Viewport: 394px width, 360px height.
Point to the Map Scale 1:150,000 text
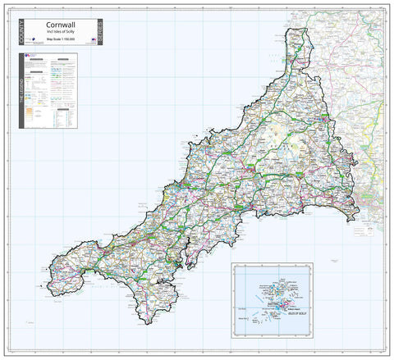58,39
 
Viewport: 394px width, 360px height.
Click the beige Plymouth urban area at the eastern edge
367,190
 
